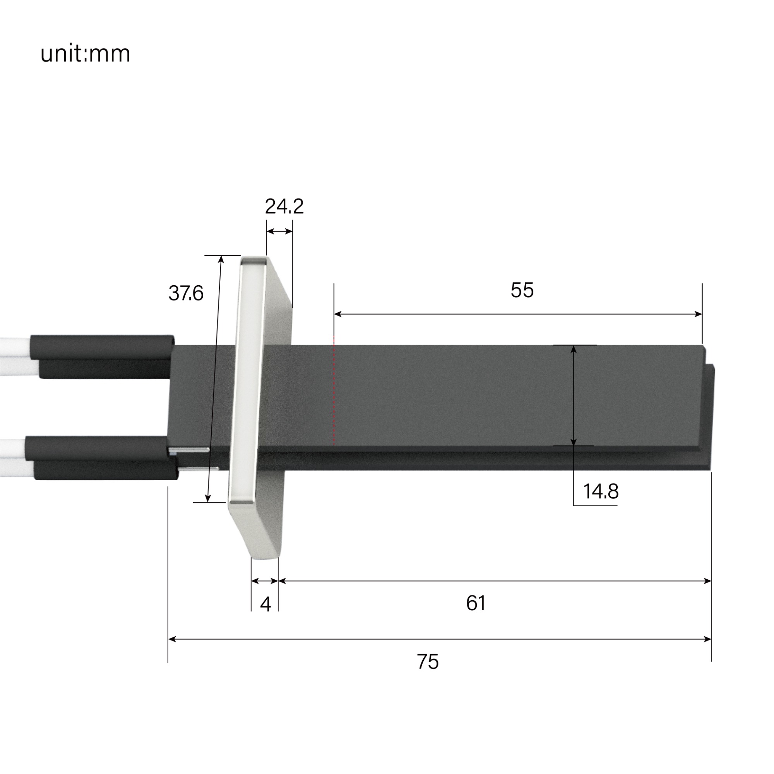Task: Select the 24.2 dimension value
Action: (284, 207)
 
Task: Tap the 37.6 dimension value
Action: (186, 293)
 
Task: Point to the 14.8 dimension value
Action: (601, 491)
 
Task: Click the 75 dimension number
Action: (428, 661)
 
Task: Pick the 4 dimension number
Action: (265, 604)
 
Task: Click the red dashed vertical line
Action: (334, 390)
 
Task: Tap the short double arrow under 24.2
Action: (280, 231)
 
